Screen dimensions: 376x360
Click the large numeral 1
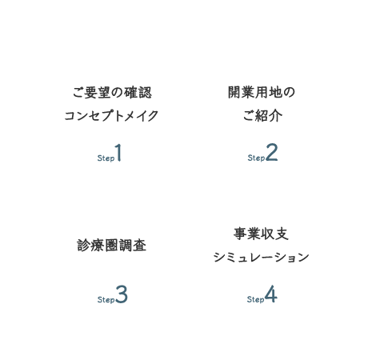[x=118, y=152]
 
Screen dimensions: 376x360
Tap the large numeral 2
[x=272, y=152]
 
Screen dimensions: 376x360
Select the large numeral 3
[x=122, y=294]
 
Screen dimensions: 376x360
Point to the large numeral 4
[x=271, y=294]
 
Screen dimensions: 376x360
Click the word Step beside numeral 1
[x=106, y=158]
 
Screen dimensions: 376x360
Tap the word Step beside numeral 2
[x=256, y=158]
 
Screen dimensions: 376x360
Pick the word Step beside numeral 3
[x=106, y=300]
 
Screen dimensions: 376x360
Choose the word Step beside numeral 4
[x=255, y=299]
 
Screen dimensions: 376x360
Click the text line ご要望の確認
[x=112, y=93]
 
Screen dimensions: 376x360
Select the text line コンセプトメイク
[x=111, y=116]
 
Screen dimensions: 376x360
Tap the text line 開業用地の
[x=262, y=92]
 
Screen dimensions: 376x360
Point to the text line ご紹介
[x=262, y=116]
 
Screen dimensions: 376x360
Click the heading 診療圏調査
[x=112, y=246]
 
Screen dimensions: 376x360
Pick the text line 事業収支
[x=261, y=234]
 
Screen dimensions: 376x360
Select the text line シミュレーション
[x=261, y=258]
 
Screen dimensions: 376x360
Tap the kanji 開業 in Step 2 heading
[x=242, y=92]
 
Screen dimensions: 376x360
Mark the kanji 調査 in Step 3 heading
[x=133, y=246]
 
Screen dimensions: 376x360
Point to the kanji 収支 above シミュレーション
[x=275, y=234]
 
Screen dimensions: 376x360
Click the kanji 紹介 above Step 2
[x=269, y=116]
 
